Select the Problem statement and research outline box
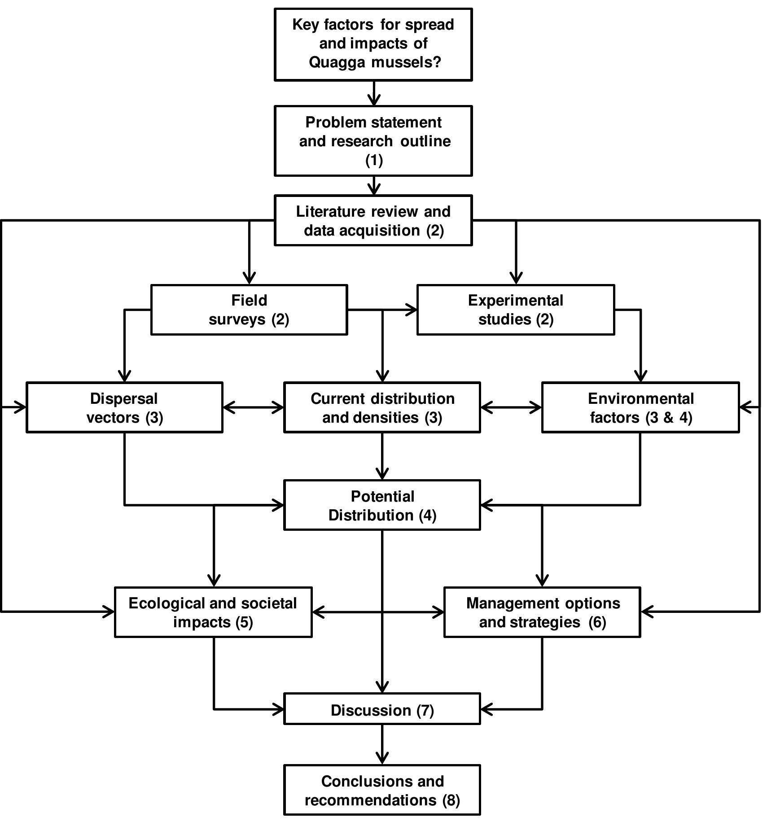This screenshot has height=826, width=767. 373,140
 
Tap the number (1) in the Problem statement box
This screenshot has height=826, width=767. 374,160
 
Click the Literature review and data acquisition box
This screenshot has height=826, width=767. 373,220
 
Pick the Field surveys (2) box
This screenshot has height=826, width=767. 249,310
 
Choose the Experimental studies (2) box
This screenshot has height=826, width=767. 515,310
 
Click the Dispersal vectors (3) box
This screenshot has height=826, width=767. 124,407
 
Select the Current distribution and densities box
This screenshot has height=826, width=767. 382,407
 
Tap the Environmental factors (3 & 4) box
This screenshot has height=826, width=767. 640,407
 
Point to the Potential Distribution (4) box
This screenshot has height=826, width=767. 382,505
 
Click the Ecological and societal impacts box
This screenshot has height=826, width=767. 213,612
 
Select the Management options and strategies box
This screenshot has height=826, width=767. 542,612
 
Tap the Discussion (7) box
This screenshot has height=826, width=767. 382,710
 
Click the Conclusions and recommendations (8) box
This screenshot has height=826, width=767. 382,791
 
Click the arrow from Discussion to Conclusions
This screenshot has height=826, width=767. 382,745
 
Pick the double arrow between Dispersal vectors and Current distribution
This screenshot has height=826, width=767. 253,407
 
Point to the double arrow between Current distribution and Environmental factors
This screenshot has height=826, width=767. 511,407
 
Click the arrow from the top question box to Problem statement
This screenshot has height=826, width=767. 373,93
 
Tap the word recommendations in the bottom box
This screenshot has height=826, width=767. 370,800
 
